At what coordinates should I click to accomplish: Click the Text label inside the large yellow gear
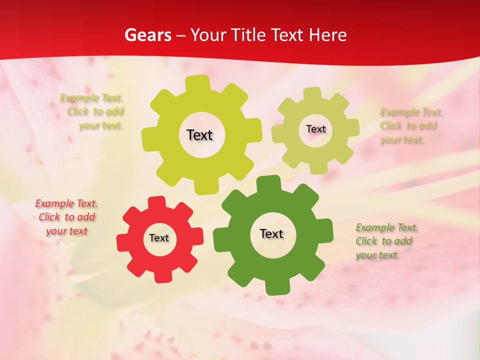click(x=199, y=135)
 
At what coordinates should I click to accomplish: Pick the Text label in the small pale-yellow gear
click(x=315, y=129)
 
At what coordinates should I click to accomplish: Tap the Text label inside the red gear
click(x=159, y=238)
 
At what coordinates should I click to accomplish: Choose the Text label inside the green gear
click(x=271, y=233)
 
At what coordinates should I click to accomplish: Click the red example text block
click(x=66, y=217)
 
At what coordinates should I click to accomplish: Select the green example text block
click(x=386, y=241)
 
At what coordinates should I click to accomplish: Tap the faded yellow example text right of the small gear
click(x=410, y=125)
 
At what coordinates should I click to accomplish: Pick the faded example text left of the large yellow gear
click(x=92, y=111)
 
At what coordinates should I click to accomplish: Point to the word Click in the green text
click(x=366, y=241)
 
